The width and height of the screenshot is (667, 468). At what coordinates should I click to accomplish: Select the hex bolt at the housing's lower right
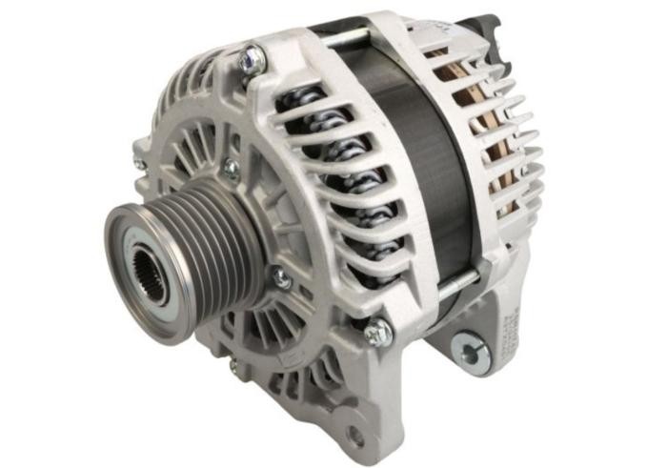pyautogui.click(x=377, y=332)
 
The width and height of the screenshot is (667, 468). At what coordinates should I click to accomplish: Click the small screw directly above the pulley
pyautogui.click(x=230, y=169)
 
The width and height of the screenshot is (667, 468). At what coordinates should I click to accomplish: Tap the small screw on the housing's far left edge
pyautogui.click(x=139, y=163)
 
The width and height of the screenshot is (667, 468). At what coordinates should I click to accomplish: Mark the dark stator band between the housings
pyautogui.click(x=419, y=162)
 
